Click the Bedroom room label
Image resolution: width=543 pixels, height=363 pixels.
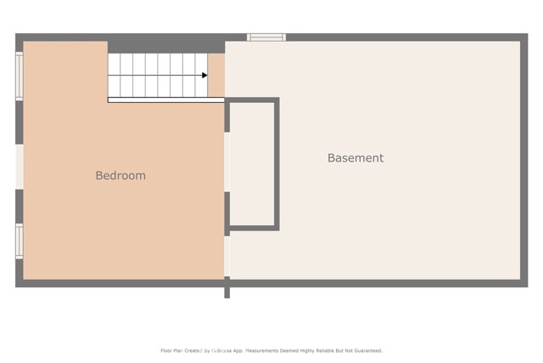[120, 176]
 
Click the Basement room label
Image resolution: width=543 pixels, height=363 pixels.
[355, 158]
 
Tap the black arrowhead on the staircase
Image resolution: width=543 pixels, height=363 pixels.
[204, 76]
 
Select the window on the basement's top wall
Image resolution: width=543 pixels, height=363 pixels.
[266, 37]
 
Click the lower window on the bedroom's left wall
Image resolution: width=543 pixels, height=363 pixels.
[19, 240]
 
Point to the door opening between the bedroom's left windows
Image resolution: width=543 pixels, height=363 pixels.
[19, 166]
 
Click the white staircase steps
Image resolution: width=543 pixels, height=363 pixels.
[157, 75]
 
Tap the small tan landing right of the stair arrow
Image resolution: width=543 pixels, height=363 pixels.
[216, 76]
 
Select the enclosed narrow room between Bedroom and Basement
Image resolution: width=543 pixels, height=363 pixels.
[252, 163]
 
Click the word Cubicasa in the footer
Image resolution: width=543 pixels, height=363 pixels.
[223, 350]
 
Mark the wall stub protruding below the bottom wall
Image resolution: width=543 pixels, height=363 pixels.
[227, 292]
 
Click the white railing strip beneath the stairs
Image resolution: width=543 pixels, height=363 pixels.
[165, 100]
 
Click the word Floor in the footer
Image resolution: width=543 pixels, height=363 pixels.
[166, 350]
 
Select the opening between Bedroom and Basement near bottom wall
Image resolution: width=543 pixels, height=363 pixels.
[227, 256]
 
